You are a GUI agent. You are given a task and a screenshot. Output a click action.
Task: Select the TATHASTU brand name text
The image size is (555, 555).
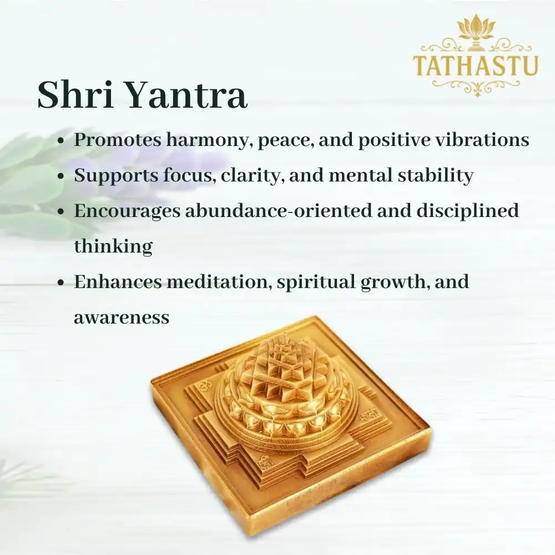(476, 64)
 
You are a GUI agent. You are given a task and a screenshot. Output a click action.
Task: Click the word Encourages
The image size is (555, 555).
(125, 211)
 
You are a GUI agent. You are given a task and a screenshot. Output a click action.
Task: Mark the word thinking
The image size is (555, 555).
(113, 246)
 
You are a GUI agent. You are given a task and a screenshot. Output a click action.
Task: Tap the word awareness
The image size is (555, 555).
(122, 317)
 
